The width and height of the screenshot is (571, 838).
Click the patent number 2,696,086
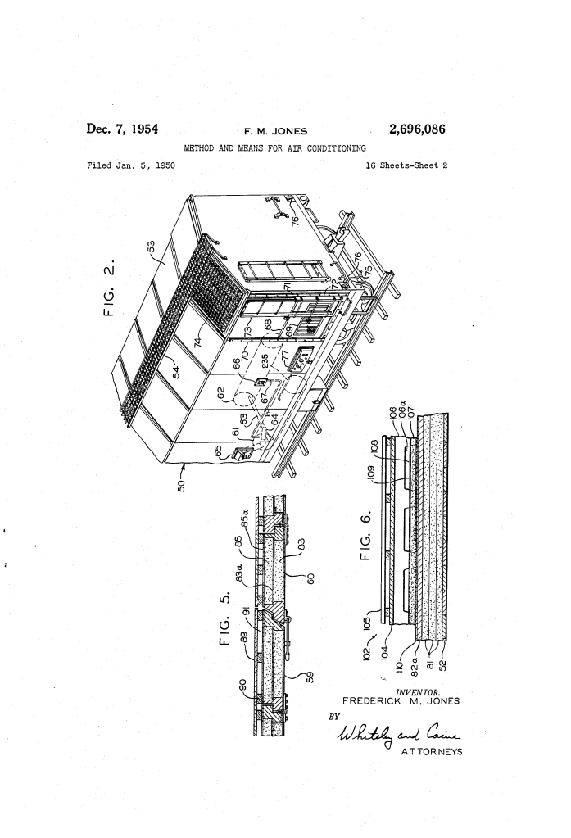pyautogui.click(x=417, y=129)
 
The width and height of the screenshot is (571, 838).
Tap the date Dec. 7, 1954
pyautogui.click(x=122, y=129)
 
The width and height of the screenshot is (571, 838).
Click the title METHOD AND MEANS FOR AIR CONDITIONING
pyautogui.click(x=274, y=148)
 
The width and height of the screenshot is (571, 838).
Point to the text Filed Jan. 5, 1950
pyautogui.click(x=131, y=165)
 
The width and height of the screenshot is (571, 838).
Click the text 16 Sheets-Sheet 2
pyautogui.click(x=406, y=165)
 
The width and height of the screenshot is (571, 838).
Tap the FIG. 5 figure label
pyautogui.click(x=226, y=618)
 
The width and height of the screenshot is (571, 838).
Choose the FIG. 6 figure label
pyautogui.click(x=365, y=533)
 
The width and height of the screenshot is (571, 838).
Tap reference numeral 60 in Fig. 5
pyautogui.click(x=311, y=579)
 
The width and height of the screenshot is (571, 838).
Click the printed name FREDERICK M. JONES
pyautogui.click(x=401, y=701)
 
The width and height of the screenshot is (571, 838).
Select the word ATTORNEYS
pyautogui.click(x=432, y=751)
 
